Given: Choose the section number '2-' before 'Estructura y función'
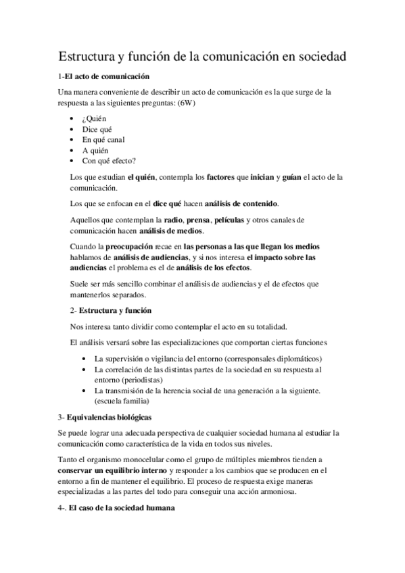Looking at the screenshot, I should point(74,310).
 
